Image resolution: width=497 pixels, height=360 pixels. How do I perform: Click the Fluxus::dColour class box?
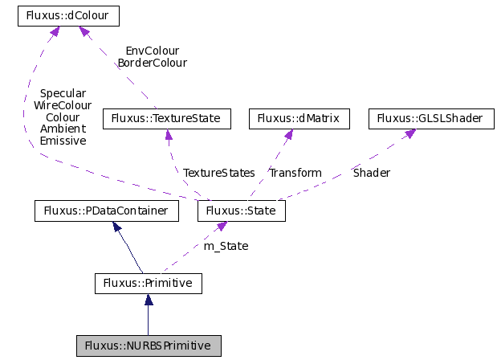tap(68, 15)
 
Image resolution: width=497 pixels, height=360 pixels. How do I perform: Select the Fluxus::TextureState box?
tap(166, 119)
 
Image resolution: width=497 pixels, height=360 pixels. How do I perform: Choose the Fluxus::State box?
tap(241, 211)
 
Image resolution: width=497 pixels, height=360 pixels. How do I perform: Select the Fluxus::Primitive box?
tap(148, 283)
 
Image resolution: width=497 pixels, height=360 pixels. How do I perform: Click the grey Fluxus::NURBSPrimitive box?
tap(148, 346)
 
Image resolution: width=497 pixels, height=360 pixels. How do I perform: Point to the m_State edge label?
tap(226, 246)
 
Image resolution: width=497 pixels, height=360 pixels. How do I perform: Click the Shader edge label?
tap(372, 173)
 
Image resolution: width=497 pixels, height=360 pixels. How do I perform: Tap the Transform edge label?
tap(295, 173)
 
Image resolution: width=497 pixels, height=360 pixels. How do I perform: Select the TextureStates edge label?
tap(219, 173)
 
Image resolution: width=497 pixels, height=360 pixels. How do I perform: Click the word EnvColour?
tap(152, 51)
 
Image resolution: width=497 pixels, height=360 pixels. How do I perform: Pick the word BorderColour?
tap(152, 63)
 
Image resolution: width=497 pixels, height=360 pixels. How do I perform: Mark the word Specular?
tap(63, 93)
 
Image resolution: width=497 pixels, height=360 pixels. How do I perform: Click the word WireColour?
tap(63, 105)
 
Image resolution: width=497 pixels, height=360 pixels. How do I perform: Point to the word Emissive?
tap(63, 141)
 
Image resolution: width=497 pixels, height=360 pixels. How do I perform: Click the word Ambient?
tap(63, 129)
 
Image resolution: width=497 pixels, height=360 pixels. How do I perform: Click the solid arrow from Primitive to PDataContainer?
tap(128, 249)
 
